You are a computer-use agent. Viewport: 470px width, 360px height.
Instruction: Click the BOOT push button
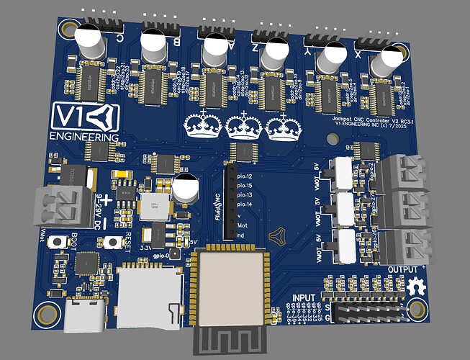pyautogui.click(x=75, y=243)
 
